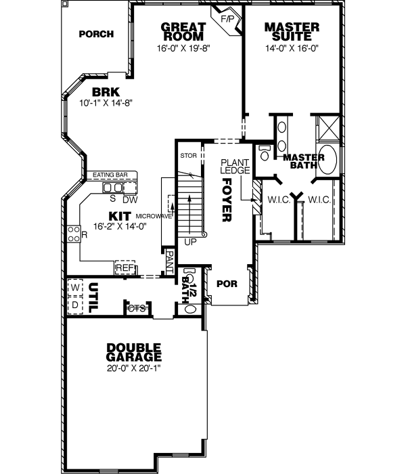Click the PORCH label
coord(95,34)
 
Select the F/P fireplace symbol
coord(227,20)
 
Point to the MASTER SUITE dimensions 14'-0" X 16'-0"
coord(292,49)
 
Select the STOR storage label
coord(188,156)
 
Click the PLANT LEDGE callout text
coord(236,166)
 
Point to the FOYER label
coord(227,200)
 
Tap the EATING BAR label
coord(110,175)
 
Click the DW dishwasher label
coord(130,199)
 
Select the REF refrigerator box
coord(125,268)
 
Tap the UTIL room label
coord(94,297)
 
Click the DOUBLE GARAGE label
coord(134,352)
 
